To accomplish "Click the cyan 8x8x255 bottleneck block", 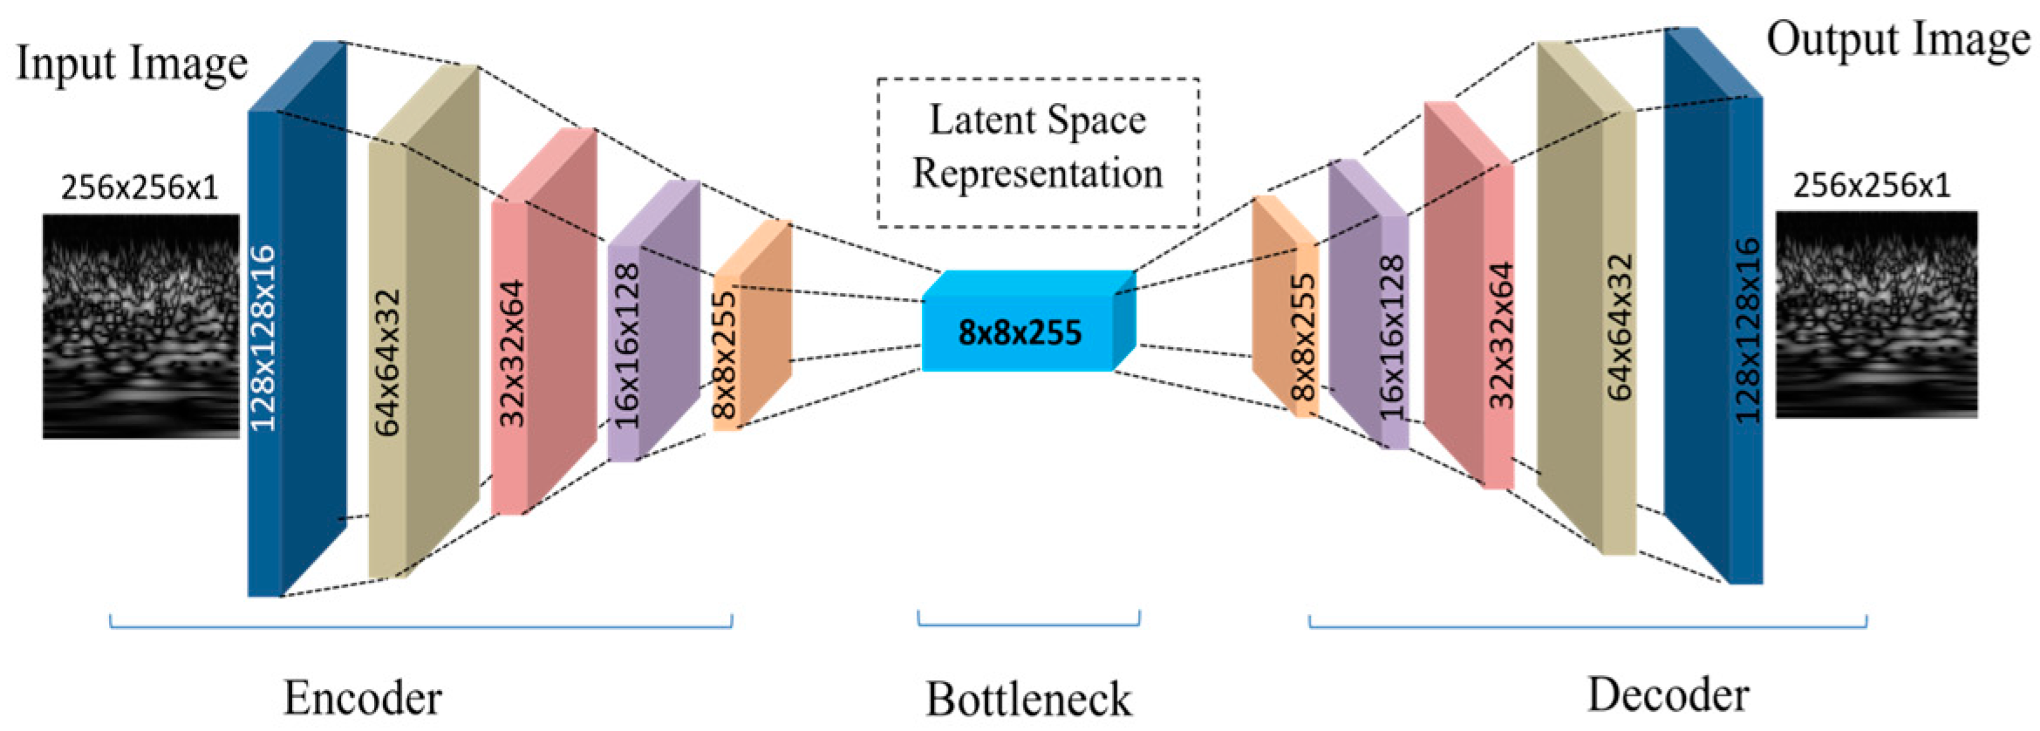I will tap(1019, 332).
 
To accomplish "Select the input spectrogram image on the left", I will tap(140, 325).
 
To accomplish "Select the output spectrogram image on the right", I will tap(1876, 315).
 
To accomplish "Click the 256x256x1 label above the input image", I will tap(140, 188).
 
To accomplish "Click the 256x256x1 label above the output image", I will tap(1872, 185).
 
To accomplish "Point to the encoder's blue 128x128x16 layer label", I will tap(263, 338).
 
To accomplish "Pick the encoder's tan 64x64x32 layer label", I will tap(387, 362).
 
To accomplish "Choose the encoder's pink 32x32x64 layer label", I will tap(511, 352).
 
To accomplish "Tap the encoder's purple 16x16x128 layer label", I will tap(627, 345).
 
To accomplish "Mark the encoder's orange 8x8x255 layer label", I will tap(725, 355).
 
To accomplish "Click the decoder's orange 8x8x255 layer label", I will tap(1302, 337).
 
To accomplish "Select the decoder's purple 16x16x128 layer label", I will tap(1393, 338).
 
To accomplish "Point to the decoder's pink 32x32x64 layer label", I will tap(1501, 336).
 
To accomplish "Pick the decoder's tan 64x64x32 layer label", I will tap(1620, 327).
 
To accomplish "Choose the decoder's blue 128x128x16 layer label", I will tap(1747, 331).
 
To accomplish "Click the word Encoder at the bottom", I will tap(363, 699).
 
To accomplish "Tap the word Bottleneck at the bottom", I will tap(1028, 700).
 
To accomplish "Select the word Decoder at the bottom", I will tap(1668, 695).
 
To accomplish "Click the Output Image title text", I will tap(1898, 40).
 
